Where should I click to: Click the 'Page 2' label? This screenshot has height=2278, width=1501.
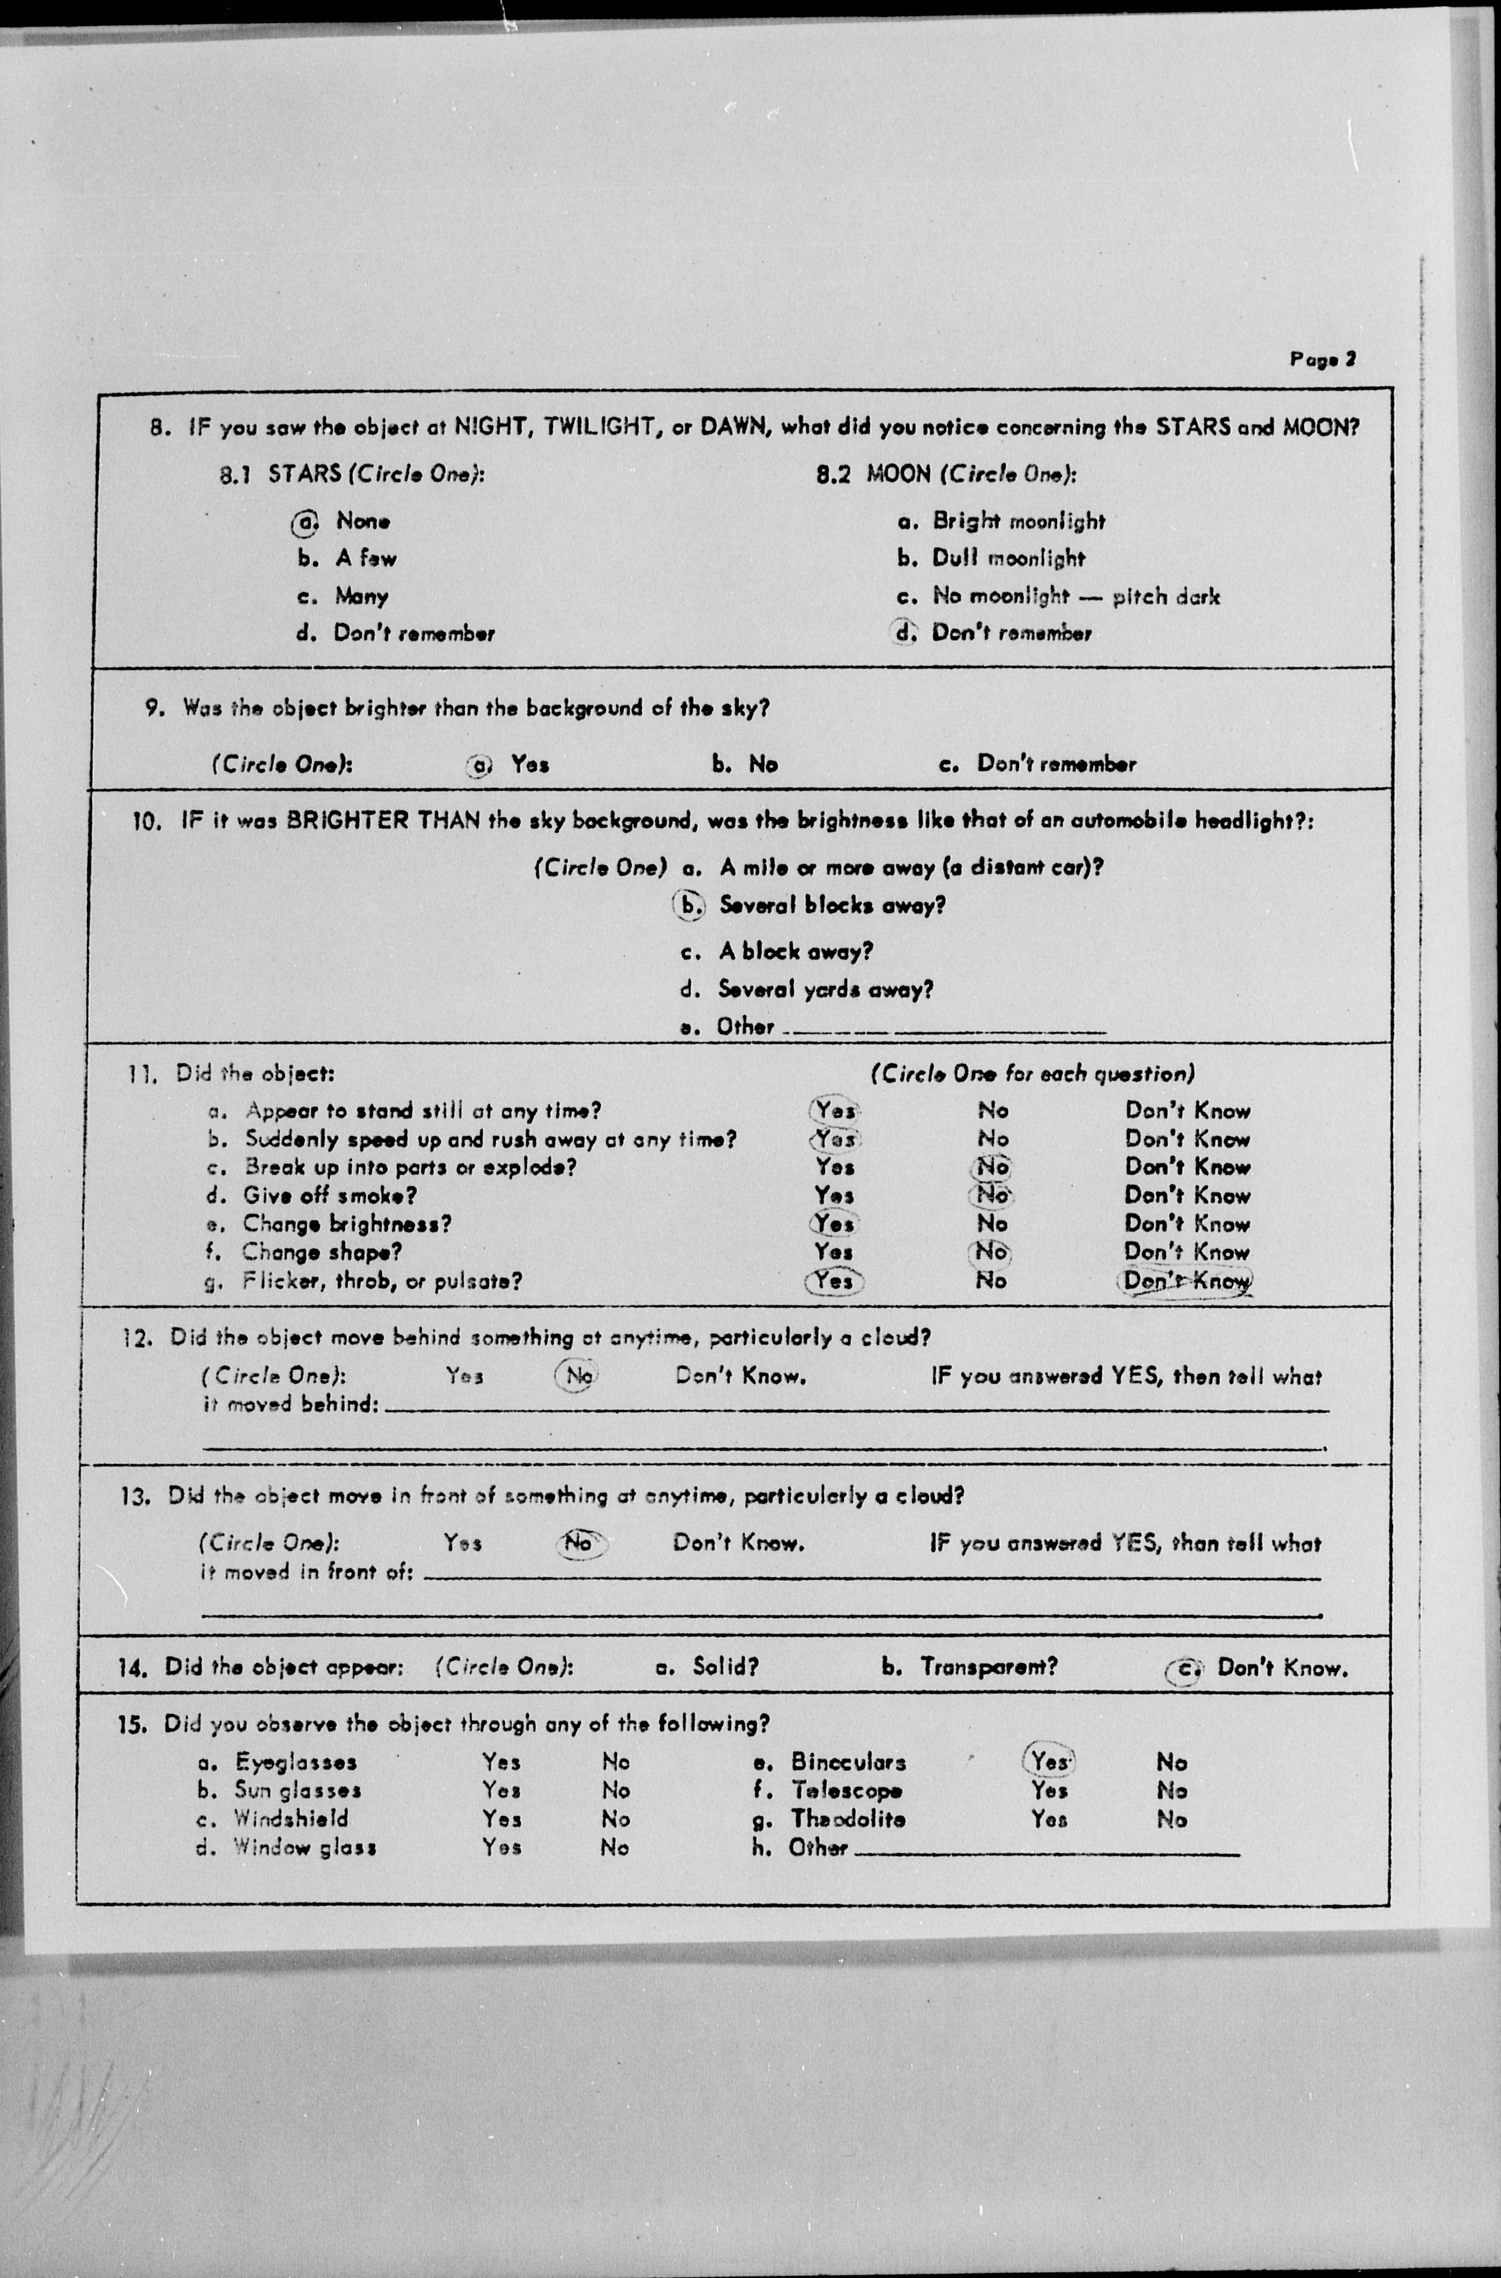pyautogui.click(x=1322, y=360)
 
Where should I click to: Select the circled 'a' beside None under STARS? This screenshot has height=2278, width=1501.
pyautogui.click(x=304, y=523)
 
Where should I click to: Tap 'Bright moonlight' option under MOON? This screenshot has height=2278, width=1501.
pyautogui.click(x=1019, y=522)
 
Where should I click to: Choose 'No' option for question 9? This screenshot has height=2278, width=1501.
pyautogui.click(x=763, y=764)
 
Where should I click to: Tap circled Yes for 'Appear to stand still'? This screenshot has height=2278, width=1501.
pyautogui.click(x=835, y=1110)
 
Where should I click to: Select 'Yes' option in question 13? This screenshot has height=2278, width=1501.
pyautogui.click(x=462, y=1543)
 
